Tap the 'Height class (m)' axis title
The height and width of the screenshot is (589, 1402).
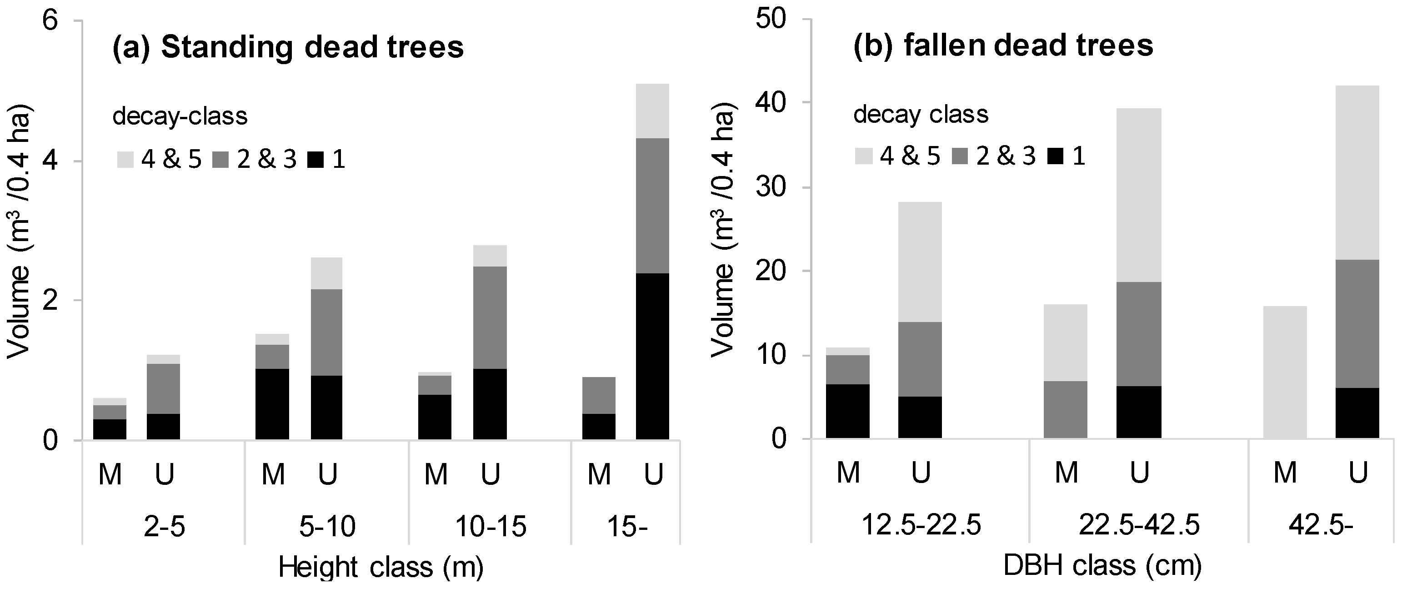pyautogui.click(x=381, y=568)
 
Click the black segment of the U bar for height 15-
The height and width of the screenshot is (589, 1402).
pyautogui.click(x=652, y=356)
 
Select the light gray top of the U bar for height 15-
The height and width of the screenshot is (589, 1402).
pyautogui.click(x=652, y=111)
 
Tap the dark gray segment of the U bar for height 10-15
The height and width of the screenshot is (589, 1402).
pyautogui.click(x=490, y=317)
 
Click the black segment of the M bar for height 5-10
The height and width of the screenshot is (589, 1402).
pyautogui.click(x=272, y=404)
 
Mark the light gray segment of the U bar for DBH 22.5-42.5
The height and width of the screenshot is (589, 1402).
pyautogui.click(x=1139, y=195)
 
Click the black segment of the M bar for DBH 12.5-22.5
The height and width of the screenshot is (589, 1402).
pyautogui.click(x=847, y=411)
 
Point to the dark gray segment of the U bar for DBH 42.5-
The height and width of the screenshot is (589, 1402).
pyautogui.click(x=1357, y=324)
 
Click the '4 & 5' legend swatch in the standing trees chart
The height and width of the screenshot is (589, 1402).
pyautogui.click(x=125, y=160)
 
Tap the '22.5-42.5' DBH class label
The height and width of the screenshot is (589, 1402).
pyautogui.click(x=1139, y=526)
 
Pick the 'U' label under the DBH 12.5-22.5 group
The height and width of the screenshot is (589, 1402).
pyautogui.click(x=920, y=473)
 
